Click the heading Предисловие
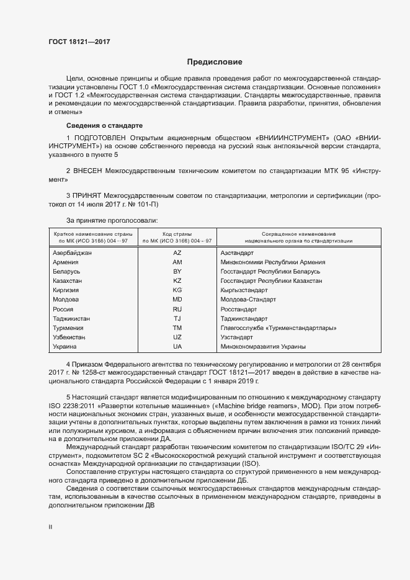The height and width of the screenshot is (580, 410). pyautogui.click(x=215, y=62)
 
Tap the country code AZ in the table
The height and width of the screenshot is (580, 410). pyautogui.click(x=177, y=253)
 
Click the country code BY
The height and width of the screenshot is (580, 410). pyautogui.click(x=177, y=272)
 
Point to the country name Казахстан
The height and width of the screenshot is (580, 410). pyautogui.click(x=68, y=281)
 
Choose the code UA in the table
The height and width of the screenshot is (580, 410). pyautogui.click(x=177, y=346)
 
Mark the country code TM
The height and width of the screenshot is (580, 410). pyautogui.click(x=177, y=328)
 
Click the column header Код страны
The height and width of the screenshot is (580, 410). pyautogui.click(x=177, y=233)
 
